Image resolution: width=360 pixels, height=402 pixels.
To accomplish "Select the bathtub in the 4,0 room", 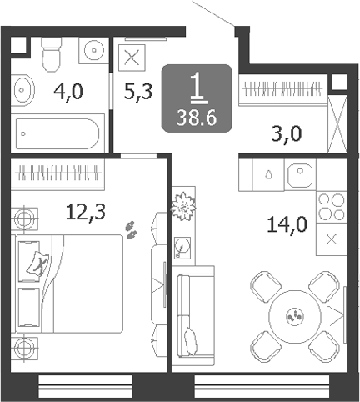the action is click(57, 133).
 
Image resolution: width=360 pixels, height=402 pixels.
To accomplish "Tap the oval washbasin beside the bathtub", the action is click(22, 90).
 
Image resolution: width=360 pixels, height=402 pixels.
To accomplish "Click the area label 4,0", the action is click(68, 93).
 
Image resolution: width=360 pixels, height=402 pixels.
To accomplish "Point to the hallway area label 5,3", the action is click(138, 92).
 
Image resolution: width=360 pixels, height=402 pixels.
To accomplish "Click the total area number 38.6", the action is click(197, 118).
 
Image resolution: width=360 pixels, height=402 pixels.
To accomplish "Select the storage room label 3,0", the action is click(287, 134).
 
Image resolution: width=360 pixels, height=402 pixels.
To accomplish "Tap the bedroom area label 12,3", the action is click(86, 212).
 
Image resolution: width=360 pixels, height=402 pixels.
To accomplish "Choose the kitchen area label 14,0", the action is click(287, 224).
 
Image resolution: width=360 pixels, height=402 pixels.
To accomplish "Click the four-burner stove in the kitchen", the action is click(332, 207).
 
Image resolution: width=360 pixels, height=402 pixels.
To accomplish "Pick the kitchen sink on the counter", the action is click(300, 175).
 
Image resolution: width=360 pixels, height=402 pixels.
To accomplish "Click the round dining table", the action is click(295, 317).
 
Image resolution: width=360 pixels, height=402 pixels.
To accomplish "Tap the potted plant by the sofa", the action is click(182, 206).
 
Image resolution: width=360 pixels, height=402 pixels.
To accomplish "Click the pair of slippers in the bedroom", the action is click(131, 230).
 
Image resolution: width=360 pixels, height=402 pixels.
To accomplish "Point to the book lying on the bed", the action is click(37, 264).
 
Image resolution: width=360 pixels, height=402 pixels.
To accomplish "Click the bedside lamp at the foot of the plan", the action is click(24, 349).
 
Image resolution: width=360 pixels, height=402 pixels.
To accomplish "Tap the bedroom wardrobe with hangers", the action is click(57, 174).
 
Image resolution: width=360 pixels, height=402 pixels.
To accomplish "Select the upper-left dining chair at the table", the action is click(266, 287).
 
